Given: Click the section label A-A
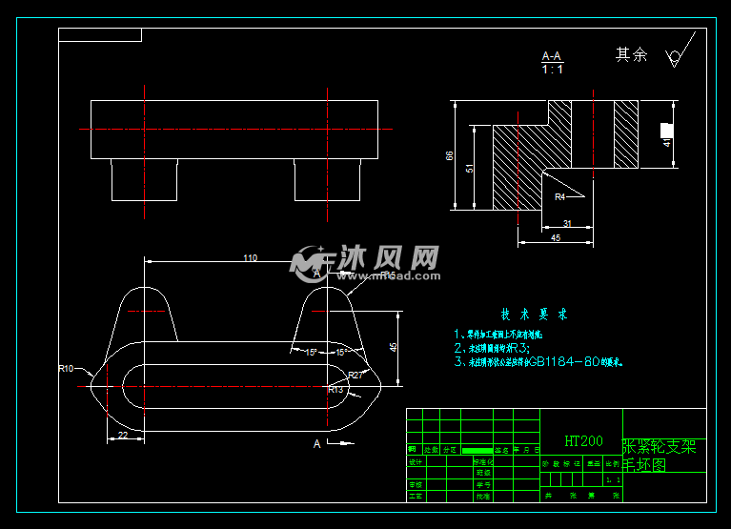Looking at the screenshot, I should point(552,56).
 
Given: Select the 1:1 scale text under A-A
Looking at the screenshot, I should point(552,70).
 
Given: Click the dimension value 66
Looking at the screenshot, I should point(450,154).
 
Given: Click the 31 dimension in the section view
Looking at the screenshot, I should point(566,224).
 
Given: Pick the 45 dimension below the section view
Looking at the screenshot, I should point(555,239).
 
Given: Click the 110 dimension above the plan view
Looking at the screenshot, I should point(250,257).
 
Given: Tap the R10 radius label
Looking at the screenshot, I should point(66,368).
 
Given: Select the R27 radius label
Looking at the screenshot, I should point(355,375).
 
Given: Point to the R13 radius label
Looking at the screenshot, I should point(335,389).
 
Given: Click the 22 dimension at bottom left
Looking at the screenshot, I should point(123,435).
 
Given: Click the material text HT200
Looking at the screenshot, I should point(583,441).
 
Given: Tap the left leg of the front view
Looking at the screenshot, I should point(145,180).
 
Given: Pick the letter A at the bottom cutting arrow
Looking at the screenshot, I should point(316,443).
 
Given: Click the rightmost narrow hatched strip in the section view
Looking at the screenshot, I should point(626,133).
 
